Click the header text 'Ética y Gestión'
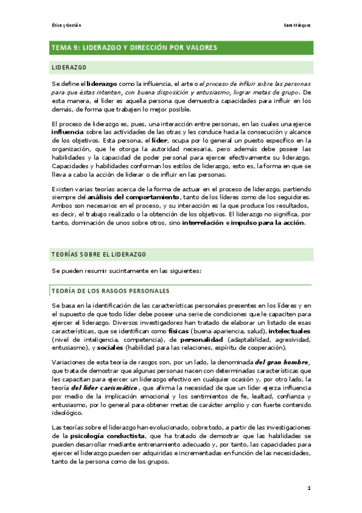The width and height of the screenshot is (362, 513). click(x=66, y=25)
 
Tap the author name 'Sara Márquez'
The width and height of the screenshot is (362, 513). click(x=297, y=25)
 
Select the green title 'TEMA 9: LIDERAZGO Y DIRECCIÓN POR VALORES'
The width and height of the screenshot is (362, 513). click(x=134, y=47)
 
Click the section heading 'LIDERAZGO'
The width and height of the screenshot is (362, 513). click(x=69, y=67)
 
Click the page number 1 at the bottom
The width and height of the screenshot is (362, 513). click(x=308, y=488)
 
